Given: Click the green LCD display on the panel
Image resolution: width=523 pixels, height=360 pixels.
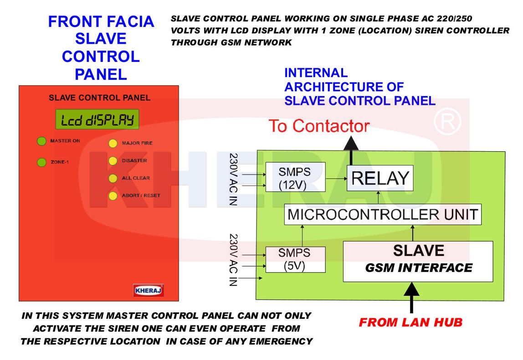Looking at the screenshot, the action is click(x=97, y=119).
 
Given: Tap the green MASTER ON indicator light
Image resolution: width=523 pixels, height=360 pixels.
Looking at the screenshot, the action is click(x=41, y=141).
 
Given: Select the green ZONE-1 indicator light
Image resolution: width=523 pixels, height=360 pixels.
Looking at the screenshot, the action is click(x=41, y=162).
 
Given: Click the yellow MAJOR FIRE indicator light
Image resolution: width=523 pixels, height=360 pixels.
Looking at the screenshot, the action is click(x=113, y=143).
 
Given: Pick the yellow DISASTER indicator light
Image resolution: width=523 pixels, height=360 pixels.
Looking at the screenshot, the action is click(x=113, y=161).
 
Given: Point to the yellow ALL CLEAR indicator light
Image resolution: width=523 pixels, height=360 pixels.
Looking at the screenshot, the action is click(x=113, y=178).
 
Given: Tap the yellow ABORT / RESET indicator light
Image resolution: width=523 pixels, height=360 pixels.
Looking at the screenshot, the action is click(x=113, y=196).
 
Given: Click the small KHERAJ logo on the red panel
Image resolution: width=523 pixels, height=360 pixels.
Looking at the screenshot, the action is click(x=149, y=290).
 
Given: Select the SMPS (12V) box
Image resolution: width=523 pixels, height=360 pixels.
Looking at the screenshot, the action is click(x=295, y=177).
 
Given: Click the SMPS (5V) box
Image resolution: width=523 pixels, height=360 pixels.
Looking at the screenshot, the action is click(x=295, y=260).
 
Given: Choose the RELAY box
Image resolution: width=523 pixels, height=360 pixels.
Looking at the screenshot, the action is click(x=380, y=178).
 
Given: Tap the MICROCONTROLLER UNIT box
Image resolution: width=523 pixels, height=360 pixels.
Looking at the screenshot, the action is click(x=383, y=214).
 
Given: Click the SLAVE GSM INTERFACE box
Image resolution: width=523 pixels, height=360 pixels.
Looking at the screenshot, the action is click(x=418, y=262).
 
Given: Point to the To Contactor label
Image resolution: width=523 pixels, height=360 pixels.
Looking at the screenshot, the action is click(x=319, y=126).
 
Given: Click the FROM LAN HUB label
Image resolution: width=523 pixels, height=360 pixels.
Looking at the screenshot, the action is click(x=410, y=322).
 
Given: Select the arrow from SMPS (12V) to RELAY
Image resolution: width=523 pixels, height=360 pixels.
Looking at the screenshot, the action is click(x=336, y=179).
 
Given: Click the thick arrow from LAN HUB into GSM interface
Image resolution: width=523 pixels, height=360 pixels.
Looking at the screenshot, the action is click(x=411, y=298).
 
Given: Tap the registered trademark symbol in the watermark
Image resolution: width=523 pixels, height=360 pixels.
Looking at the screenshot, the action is click(x=447, y=122).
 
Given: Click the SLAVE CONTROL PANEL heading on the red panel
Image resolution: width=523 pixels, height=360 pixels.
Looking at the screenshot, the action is click(x=99, y=98).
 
